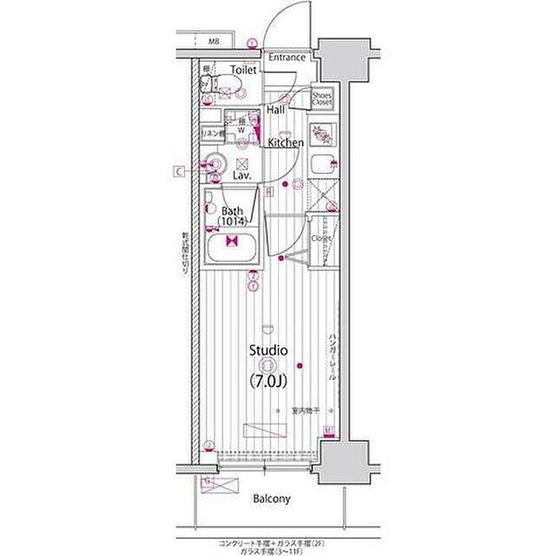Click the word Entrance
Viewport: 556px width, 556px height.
click(287, 58)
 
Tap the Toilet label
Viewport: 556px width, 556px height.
click(244, 71)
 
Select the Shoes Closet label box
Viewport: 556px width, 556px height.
click(322, 98)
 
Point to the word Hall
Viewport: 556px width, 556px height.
click(276, 110)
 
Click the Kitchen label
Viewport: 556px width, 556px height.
click(285, 143)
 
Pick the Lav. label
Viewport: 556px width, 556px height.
click(243, 174)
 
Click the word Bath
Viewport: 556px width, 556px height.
click(232, 211)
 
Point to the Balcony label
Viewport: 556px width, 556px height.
click(272, 500)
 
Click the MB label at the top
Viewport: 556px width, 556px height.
click(214, 41)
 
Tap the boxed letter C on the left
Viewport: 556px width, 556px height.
click(180, 170)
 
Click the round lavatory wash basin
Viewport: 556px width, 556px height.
click(214, 164)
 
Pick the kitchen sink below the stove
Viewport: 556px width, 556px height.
click(322, 166)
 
